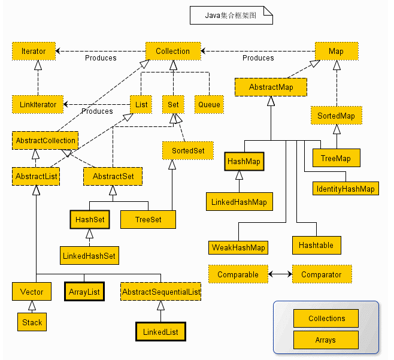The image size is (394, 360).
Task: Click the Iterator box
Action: click(x=34, y=52)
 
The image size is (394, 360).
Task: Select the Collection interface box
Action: click(x=173, y=52)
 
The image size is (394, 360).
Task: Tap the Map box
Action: click(x=337, y=52)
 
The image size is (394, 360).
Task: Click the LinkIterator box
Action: click(x=38, y=105)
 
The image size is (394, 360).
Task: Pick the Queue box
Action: click(x=209, y=105)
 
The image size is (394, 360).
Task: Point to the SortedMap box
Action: click(x=336, y=116)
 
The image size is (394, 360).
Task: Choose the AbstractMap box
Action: click(x=271, y=87)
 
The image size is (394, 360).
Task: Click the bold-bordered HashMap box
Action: click(x=244, y=161)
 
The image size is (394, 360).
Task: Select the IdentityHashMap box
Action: click(x=345, y=188)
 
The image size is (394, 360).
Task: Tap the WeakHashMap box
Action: click(x=238, y=247)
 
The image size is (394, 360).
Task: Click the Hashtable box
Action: click(x=316, y=245)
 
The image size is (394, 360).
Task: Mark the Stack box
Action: click(x=32, y=322)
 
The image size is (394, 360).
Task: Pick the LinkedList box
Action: click(x=160, y=332)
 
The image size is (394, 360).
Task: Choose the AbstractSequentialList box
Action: click(x=160, y=292)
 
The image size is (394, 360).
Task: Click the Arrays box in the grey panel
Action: click(x=326, y=340)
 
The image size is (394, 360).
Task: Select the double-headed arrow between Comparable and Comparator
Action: click(x=280, y=274)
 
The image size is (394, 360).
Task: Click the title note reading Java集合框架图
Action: click(x=231, y=16)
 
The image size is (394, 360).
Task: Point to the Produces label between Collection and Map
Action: click(x=258, y=58)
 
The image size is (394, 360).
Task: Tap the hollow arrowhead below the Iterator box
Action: click(x=38, y=65)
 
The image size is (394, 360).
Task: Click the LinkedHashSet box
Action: click(x=89, y=255)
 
